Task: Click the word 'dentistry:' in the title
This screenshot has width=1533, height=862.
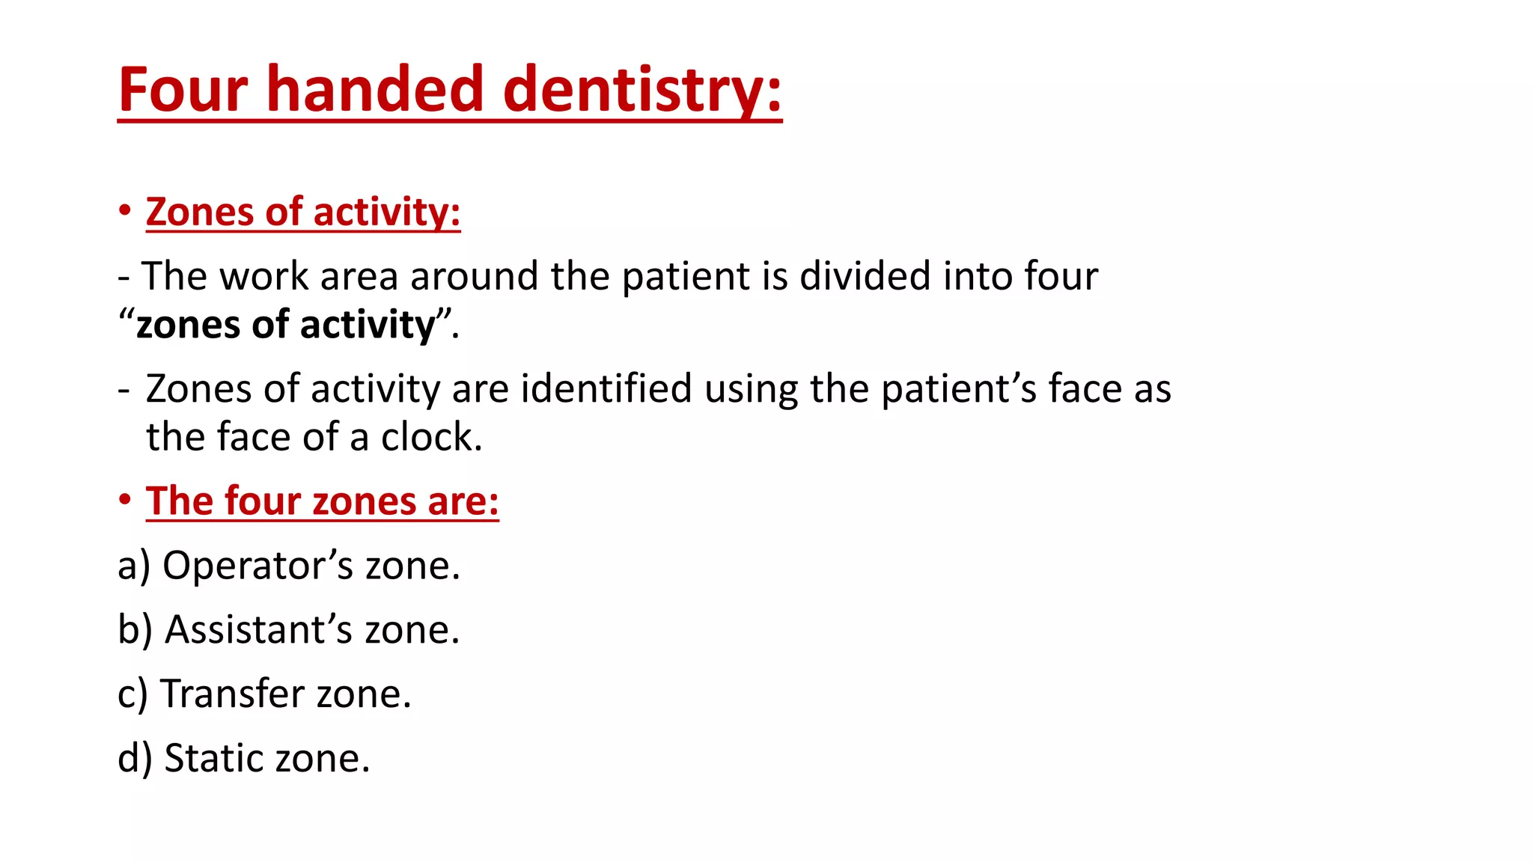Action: (642, 90)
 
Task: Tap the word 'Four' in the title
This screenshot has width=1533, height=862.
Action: (183, 90)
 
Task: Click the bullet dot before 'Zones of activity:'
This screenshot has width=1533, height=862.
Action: (125, 210)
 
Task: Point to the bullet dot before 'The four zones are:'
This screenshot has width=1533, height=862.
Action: (125, 499)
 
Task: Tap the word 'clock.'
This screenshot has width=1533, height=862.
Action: (431, 437)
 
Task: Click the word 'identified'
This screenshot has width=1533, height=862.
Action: (606, 389)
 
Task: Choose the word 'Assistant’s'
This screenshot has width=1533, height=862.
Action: (258, 629)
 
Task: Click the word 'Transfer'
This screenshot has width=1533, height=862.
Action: (233, 694)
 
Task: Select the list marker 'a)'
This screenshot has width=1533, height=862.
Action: (134, 566)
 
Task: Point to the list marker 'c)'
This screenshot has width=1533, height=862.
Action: (132, 695)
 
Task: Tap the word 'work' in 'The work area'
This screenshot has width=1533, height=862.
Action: (263, 276)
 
